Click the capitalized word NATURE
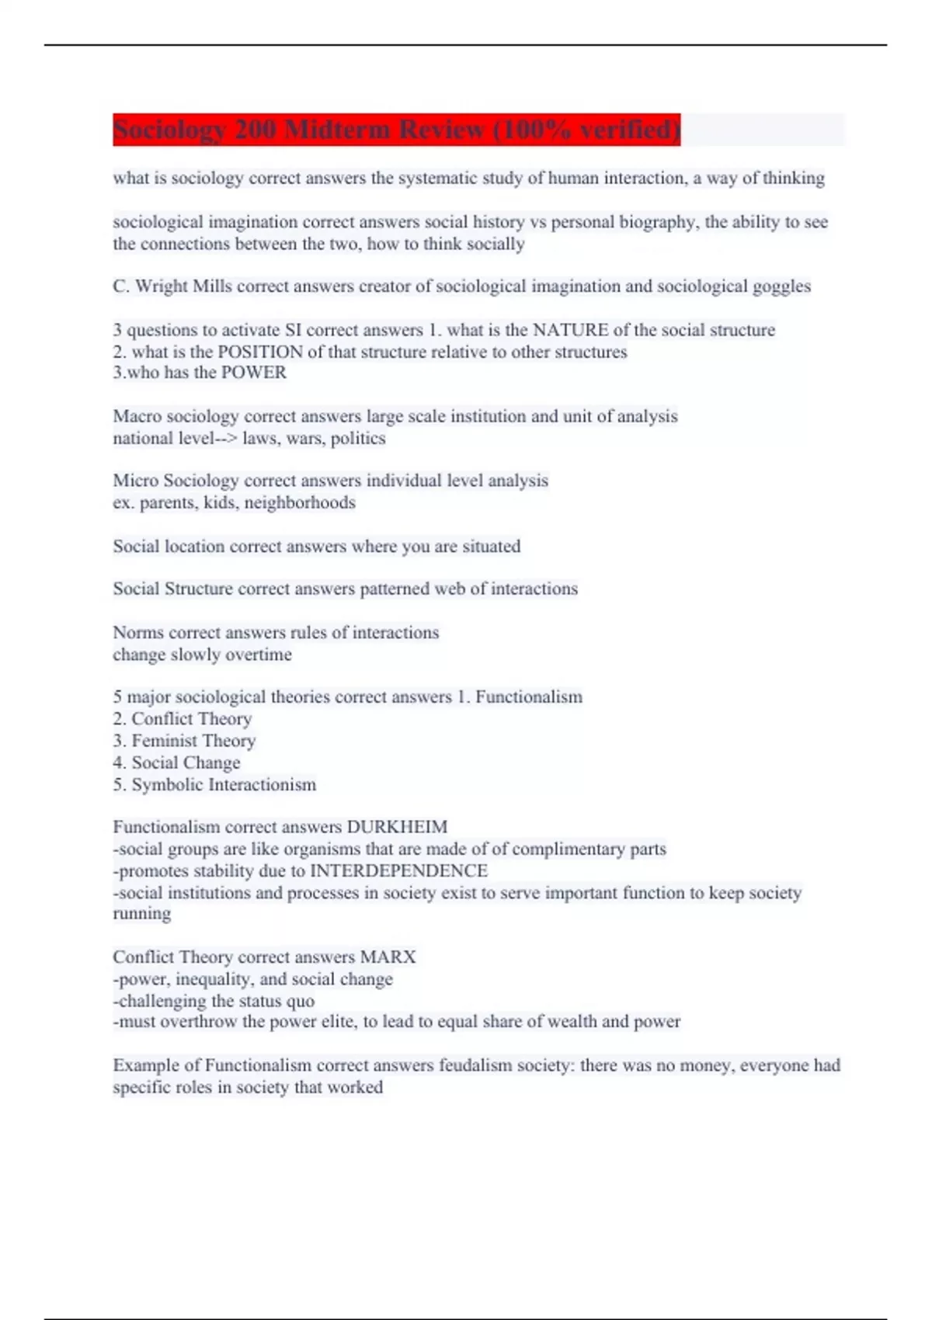[x=570, y=330]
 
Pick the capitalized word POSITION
[x=260, y=352]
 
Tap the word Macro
[x=137, y=416]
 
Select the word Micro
[x=136, y=481]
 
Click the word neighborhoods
[x=300, y=502]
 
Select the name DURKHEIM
[x=397, y=827]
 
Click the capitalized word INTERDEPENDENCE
[x=398, y=870]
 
